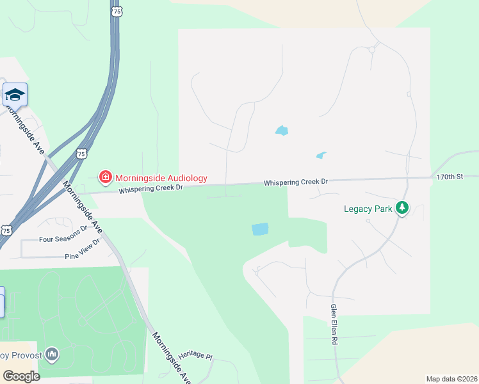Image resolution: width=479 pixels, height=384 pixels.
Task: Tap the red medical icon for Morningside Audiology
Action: click(x=104, y=176)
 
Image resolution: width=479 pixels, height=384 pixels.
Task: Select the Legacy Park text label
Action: click(x=368, y=208)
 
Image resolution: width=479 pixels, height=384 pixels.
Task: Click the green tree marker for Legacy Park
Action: click(x=402, y=207)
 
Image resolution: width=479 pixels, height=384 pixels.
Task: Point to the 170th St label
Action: click(x=449, y=176)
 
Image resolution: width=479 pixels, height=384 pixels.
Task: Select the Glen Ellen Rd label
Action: click(x=334, y=324)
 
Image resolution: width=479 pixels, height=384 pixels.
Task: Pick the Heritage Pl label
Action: click(x=195, y=355)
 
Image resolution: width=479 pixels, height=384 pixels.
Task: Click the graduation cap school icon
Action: click(x=15, y=95)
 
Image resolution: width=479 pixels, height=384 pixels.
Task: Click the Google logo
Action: click(x=21, y=376)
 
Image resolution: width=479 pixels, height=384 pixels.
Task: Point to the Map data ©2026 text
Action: click(x=451, y=379)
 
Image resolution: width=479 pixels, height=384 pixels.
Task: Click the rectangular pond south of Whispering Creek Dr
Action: click(x=260, y=229)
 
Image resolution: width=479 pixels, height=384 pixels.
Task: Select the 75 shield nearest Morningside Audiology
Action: click(x=81, y=153)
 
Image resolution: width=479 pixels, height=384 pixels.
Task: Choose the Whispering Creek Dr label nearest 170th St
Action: click(x=296, y=182)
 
